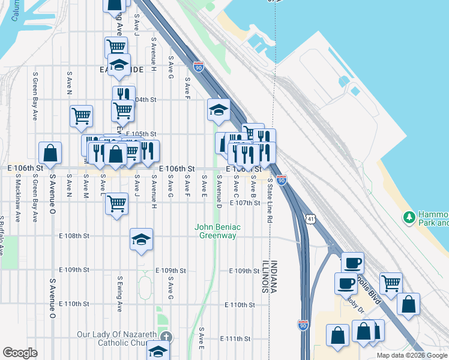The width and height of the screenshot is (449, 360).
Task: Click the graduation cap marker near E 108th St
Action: coord(141,240)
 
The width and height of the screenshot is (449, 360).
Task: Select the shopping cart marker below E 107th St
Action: coord(117,203)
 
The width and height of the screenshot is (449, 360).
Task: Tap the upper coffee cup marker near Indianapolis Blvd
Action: coord(352,263)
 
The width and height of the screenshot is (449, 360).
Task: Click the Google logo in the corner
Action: coord(20,353)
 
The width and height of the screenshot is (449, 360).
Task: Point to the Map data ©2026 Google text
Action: coord(412,355)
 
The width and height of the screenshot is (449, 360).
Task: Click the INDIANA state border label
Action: coord(273,276)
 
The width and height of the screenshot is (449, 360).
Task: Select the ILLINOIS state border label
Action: coord(264,276)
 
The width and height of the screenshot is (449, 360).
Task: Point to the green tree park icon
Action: coord(410,216)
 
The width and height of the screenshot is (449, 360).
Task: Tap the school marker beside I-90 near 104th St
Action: coord(218,110)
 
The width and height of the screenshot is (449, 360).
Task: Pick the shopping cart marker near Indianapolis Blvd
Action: coord(391,283)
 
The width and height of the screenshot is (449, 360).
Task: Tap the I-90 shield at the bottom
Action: coord(303,326)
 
